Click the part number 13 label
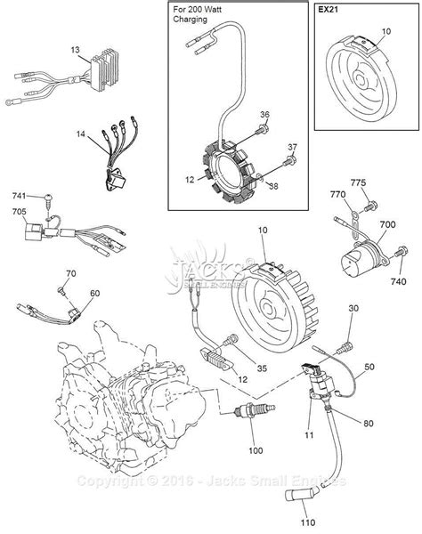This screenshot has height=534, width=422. [x=76, y=51]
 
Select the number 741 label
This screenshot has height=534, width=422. [x=20, y=194]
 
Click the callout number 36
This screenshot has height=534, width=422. [x=264, y=114]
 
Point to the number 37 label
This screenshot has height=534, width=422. [x=292, y=147]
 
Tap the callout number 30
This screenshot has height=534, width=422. [x=353, y=308]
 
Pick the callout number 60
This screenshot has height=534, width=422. [x=94, y=293]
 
